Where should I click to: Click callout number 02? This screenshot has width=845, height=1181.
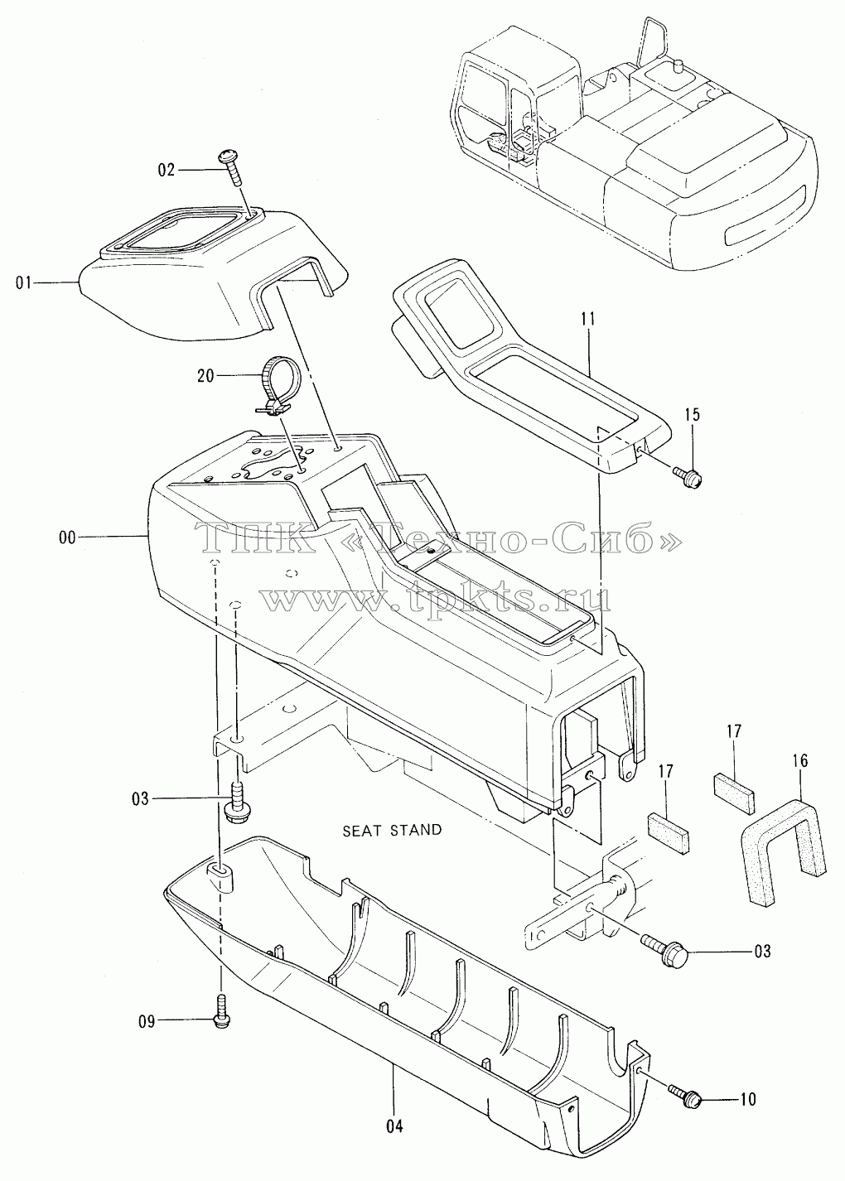[x=167, y=171]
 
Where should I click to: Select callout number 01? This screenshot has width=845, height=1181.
[x=24, y=283]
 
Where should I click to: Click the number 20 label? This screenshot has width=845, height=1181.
[x=206, y=375]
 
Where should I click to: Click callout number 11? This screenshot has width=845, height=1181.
[x=588, y=319]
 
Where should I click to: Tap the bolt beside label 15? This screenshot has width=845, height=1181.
[x=688, y=477]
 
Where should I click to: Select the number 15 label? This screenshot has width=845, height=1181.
[x=693, y=414]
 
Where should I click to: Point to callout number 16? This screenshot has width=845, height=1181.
[x=800, y=760]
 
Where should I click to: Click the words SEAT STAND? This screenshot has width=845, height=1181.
[x=392, y=831]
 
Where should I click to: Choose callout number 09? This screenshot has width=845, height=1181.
[x=147, y=1022]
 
